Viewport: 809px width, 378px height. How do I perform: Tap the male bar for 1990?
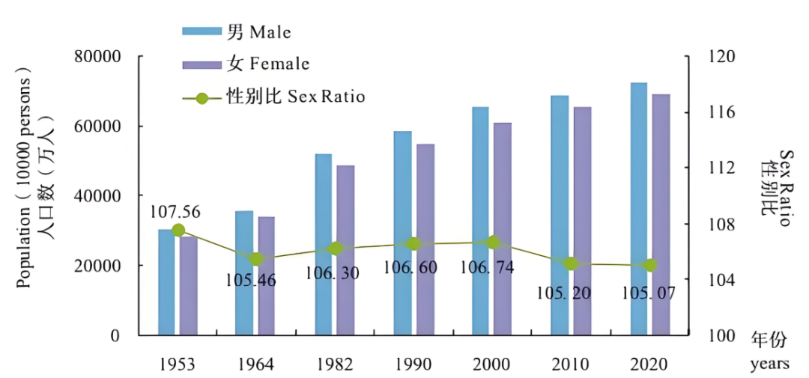pos(402,233)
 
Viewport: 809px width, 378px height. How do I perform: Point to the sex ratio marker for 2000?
pos(493,242)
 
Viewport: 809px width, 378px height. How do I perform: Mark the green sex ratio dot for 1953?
pos(178,231)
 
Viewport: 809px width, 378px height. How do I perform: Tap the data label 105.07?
pos(648,293)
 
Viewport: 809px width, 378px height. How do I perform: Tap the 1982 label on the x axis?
pos(335,365)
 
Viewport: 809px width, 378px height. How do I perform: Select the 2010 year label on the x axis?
pos(571,365)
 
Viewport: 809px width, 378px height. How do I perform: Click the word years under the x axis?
pos(769,365)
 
